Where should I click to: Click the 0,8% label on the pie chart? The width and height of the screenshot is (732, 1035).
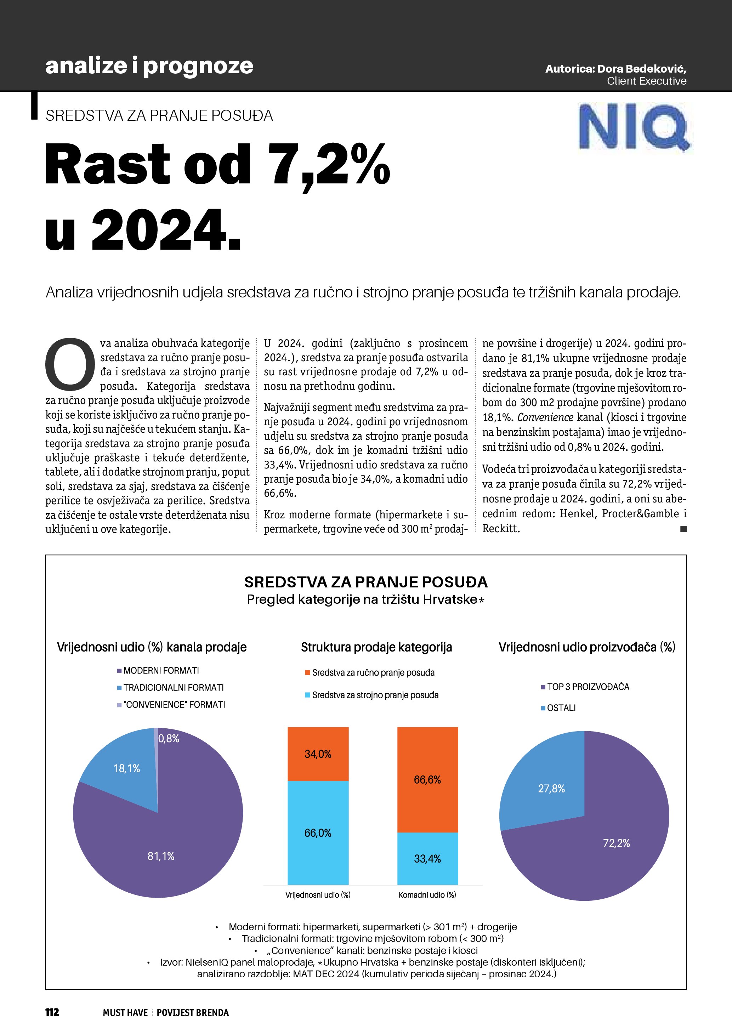169,738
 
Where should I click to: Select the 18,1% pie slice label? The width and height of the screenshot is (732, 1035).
127,768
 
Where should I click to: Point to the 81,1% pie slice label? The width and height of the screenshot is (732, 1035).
161,856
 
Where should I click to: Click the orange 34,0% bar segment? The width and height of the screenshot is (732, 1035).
318,754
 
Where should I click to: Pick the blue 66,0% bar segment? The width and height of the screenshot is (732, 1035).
318,832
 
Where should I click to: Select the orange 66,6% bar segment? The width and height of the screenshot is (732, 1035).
427,779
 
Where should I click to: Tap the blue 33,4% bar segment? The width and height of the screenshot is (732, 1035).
427,859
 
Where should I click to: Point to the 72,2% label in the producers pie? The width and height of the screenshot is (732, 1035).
616,843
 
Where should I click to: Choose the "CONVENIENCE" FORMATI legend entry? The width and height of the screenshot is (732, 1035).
174,705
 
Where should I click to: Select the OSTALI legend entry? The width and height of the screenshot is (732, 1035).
561,708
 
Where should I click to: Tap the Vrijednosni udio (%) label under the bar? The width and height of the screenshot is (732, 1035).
318,895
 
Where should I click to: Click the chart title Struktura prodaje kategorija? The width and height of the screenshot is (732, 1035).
376,647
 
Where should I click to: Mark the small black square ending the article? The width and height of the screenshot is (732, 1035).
683,529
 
